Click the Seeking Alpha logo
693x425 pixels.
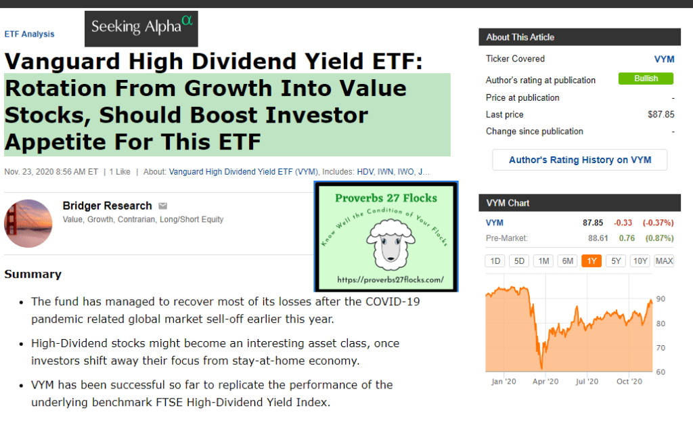click(141, 28)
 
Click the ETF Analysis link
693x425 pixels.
click(29, 34)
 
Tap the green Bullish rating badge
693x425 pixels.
click(646, 79)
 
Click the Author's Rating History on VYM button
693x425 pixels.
click(580, 160)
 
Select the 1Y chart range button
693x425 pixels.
click(591, 261)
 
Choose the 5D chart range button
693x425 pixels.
click(519, 261)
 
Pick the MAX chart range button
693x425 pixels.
click(664, 261)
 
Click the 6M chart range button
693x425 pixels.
click(568, 261)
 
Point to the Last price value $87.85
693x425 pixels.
click(661, 114)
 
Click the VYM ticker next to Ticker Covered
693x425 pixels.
click(665, 59)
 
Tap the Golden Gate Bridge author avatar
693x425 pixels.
click(28, 223)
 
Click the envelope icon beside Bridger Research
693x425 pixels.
click(163, 206)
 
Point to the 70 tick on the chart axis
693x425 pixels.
click(661, 348)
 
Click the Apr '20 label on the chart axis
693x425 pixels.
click(545, 381)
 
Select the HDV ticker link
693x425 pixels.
click(365, 172)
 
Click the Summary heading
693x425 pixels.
click(33, 274)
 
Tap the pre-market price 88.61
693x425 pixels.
click(598, 238)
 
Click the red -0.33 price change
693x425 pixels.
click(623, 223)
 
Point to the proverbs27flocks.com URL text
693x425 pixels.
click(390, 279)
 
